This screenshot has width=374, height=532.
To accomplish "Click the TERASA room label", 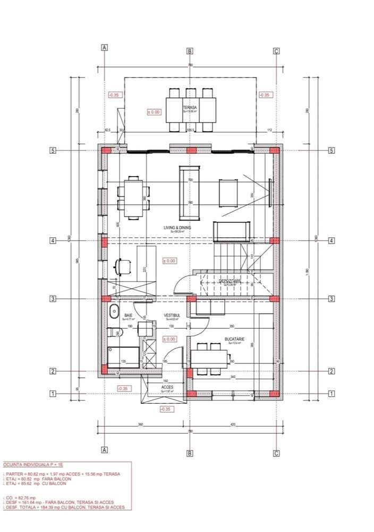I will point(190,107).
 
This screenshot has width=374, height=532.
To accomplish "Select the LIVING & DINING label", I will point(177,227).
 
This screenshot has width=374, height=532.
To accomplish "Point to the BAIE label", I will point(128,315).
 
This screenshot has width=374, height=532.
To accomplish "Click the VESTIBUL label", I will point(172,315).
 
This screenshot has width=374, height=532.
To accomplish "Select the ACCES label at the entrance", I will point(167,387).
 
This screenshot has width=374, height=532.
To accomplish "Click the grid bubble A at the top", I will point(105,47).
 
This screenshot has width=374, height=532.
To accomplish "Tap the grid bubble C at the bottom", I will point(276,453).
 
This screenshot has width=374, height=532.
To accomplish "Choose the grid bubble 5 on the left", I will point(53,151).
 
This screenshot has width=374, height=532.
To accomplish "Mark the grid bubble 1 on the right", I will point(331,394).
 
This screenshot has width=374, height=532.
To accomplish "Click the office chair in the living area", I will point(123,264).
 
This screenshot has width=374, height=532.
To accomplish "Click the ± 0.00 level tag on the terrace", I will point(154,112).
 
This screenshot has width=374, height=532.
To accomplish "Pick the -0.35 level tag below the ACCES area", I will point(166,409).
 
